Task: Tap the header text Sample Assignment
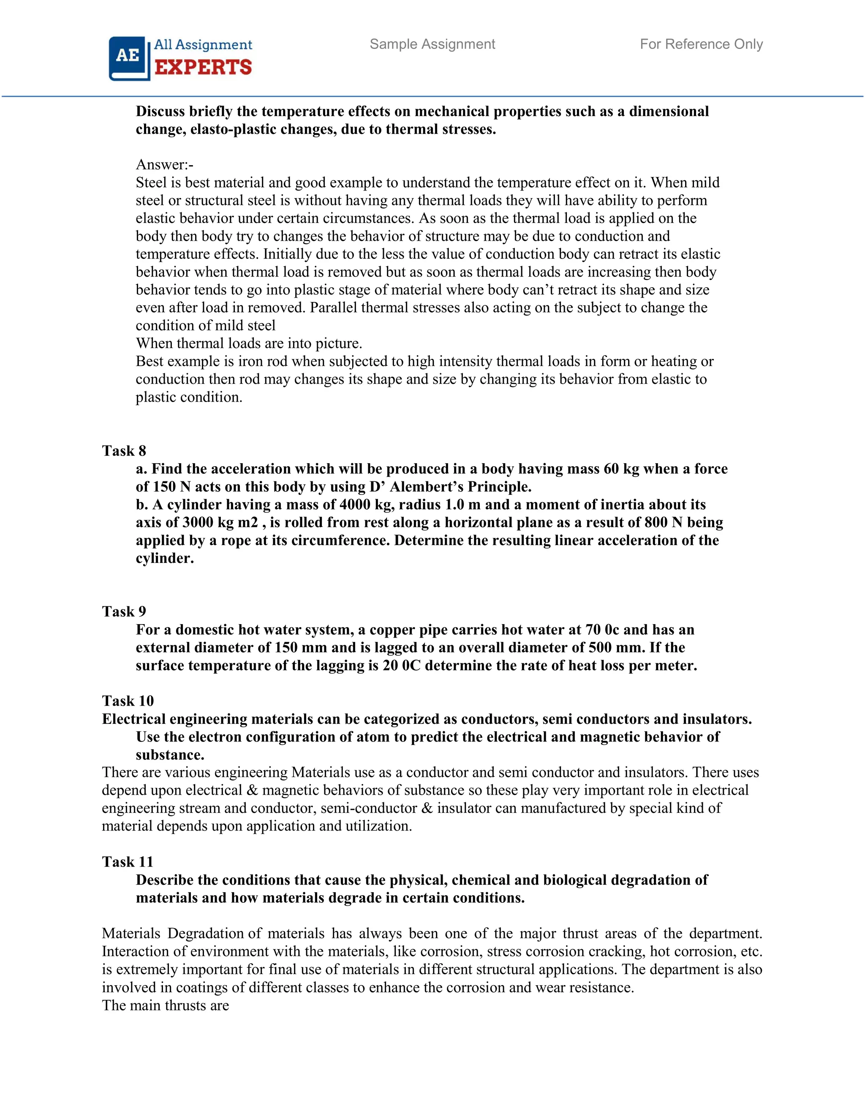tap(432, 44)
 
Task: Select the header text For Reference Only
tap(701, 44)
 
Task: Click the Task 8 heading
tap(124, 451)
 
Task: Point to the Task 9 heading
tap(124, 611)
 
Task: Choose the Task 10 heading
tap(128, 701)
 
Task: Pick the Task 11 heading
tap(128, 861)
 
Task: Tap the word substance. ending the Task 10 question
tap(170, 755)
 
